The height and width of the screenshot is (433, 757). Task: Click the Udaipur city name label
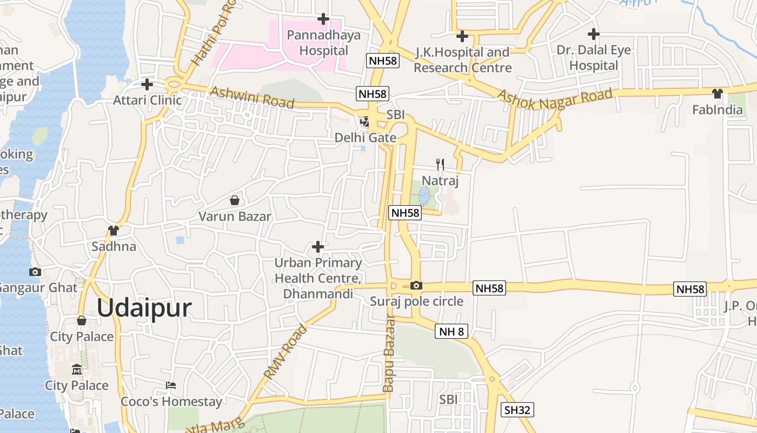(x=144, y=308)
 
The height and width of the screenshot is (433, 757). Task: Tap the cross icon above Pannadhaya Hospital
(x=323, y=19)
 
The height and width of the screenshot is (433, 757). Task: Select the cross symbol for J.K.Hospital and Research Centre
(x=462, y=36)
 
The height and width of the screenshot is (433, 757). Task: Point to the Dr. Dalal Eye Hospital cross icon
(x=593, y=34)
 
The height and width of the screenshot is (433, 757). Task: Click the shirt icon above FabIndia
(x=718, y=94)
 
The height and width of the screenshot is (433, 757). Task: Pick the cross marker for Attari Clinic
(x=147, y=84)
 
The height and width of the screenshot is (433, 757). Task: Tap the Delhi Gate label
(x=366, y=137)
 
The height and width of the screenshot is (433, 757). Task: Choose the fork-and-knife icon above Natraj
(x=440, y=164)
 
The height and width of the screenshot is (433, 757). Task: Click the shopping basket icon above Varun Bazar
(x=235, y=201)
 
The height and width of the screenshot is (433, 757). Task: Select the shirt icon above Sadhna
(x=114, y=231)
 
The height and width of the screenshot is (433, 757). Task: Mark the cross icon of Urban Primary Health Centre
(x=318, y=247)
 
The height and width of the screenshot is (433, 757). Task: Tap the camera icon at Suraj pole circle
(x=416, y=285)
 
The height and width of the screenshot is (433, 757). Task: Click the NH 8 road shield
(x=451, y=332)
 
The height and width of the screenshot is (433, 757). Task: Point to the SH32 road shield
(x=517, y=410)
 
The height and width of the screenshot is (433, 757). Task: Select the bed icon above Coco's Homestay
(x=171, y=385)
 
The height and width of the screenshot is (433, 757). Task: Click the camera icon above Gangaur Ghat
(x=35, y=272)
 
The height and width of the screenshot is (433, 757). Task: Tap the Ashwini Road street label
(x=252, y=97)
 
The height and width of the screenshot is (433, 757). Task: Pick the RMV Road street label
(x=285, y=351)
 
